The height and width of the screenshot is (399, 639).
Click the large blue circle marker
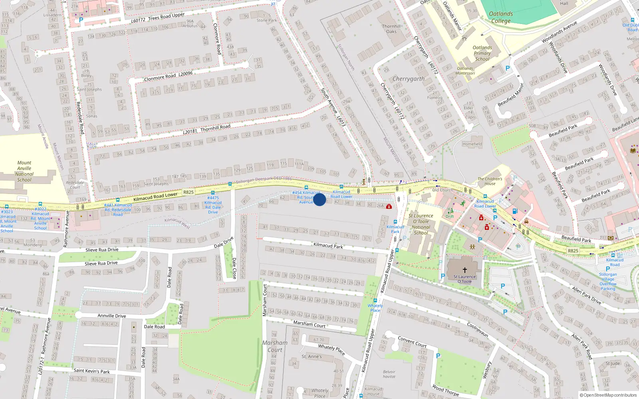point(319,199)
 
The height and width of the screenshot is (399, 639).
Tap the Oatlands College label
point(501,17)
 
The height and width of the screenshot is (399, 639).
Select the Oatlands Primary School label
point(482,53)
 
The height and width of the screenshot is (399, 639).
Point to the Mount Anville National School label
point(24,171)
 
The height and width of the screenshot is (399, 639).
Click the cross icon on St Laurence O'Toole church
point(464,270)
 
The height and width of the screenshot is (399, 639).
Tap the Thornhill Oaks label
point(391,29)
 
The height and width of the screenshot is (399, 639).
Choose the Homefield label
point(472,144)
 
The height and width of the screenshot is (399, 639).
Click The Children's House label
point(490,181)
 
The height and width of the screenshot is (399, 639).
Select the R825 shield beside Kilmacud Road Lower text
point(189,192)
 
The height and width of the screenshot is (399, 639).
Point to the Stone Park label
point(267,20)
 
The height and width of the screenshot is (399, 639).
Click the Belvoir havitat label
point(389,374)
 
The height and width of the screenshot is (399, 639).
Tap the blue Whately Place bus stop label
point(375,308)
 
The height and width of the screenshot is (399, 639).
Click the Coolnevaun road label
point(478,330)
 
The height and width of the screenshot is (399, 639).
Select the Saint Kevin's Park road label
point(91,371)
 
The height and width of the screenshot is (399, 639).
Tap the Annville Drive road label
point(112,316)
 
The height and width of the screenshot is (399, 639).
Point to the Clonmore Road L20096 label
point(168,76)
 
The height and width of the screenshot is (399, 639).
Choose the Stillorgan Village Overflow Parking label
point(608,281)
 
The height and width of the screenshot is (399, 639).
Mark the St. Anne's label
point(312,357)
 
